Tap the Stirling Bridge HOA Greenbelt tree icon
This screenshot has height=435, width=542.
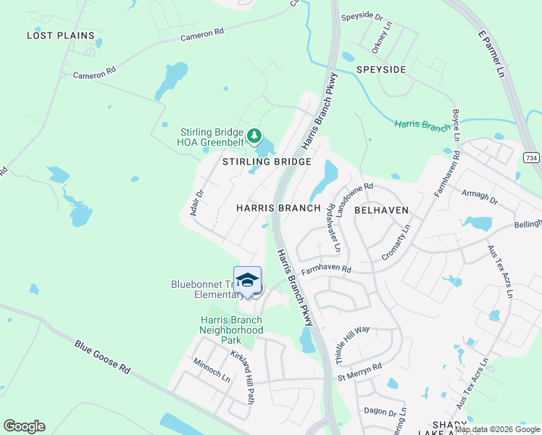coord(254,135)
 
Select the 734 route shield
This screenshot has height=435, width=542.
coord(531,157)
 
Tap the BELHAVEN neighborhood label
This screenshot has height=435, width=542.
coord(381,210)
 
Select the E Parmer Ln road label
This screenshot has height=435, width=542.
coord(491,54)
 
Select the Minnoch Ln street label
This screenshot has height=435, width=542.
coord(212,370)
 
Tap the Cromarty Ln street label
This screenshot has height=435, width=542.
coord(396,243)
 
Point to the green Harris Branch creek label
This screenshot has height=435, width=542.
coord(423,125)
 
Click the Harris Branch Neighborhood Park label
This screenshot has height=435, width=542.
coord(230,330)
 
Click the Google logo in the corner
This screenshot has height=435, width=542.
coord(25,426)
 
